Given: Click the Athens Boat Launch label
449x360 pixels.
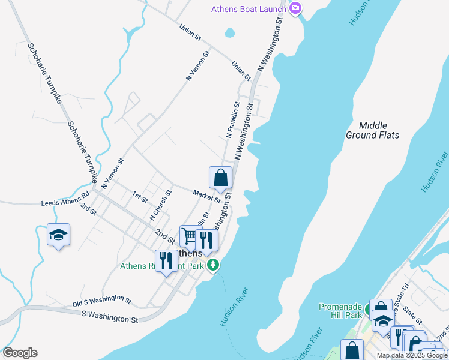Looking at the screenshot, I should click(x=248, y=9).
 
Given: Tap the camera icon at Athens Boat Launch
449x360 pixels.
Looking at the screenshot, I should click(x=295, y=8).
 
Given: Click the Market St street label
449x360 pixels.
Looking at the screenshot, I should click(x=207, y=196).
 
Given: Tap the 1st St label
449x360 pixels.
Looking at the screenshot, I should click(x=140, y=196).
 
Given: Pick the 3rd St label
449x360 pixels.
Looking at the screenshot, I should click(x=88, y=209).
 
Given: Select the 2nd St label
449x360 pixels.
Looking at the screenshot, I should click(x=164, y=236).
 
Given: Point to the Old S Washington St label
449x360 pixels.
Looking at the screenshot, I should click(x=102, y=298).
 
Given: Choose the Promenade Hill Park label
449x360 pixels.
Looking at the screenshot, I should click(x=340, y=311).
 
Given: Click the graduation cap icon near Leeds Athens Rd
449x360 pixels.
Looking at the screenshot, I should click(x=58, y=235).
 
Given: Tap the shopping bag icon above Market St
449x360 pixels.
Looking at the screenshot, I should click(x=220, y=178).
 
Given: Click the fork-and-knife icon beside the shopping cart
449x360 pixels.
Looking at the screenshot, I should click(x=206, y=240).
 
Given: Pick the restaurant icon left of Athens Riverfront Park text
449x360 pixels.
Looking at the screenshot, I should click(x=166, y=261).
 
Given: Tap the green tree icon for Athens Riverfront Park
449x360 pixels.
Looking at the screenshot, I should click(x=212, y=265).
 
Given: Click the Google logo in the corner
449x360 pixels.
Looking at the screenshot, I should click(x=20, y=353).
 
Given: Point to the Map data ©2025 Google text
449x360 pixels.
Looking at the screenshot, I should click(x=412, y=355).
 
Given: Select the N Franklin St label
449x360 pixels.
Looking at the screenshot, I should click(x=233, y=120).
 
